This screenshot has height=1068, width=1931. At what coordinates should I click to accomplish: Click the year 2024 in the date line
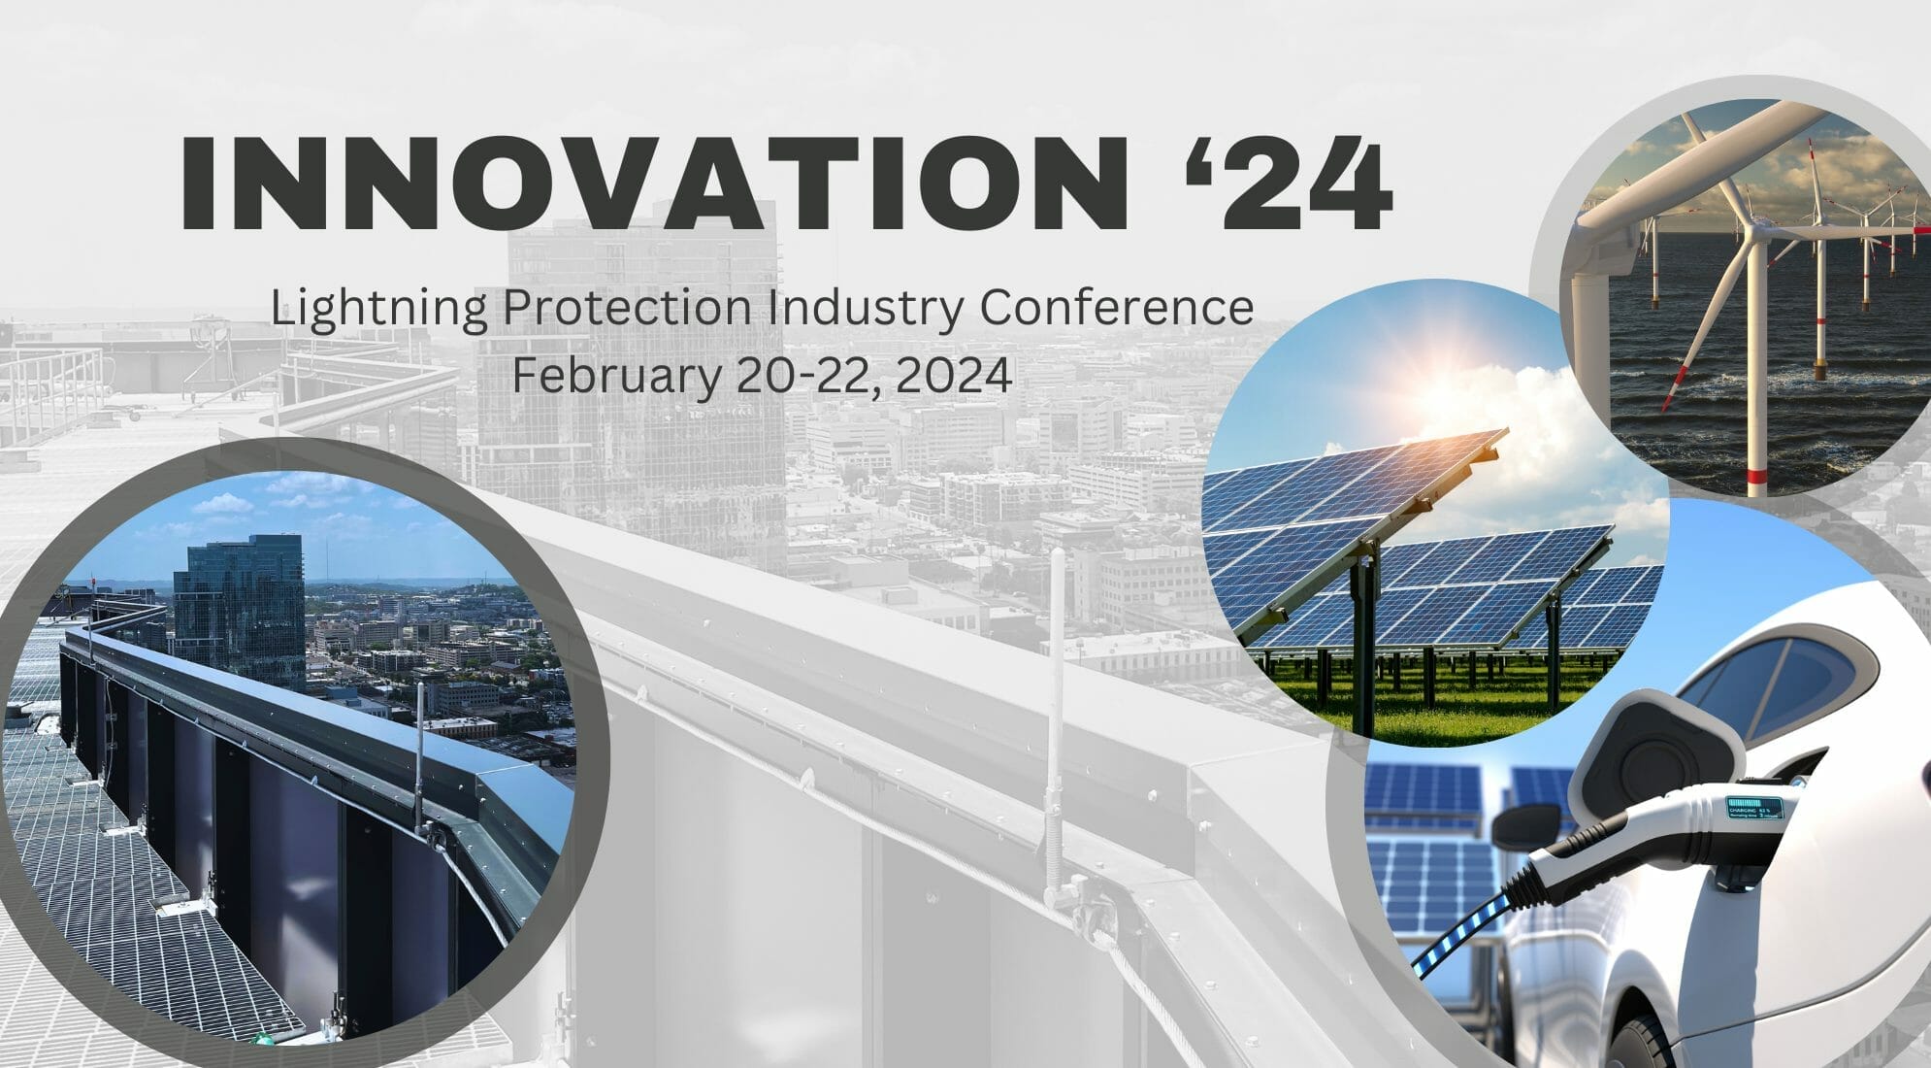pyautogui.click(x=955, y=375)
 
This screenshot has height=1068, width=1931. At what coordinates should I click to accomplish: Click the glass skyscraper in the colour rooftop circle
pyautogui.click(x=238, y=613)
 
